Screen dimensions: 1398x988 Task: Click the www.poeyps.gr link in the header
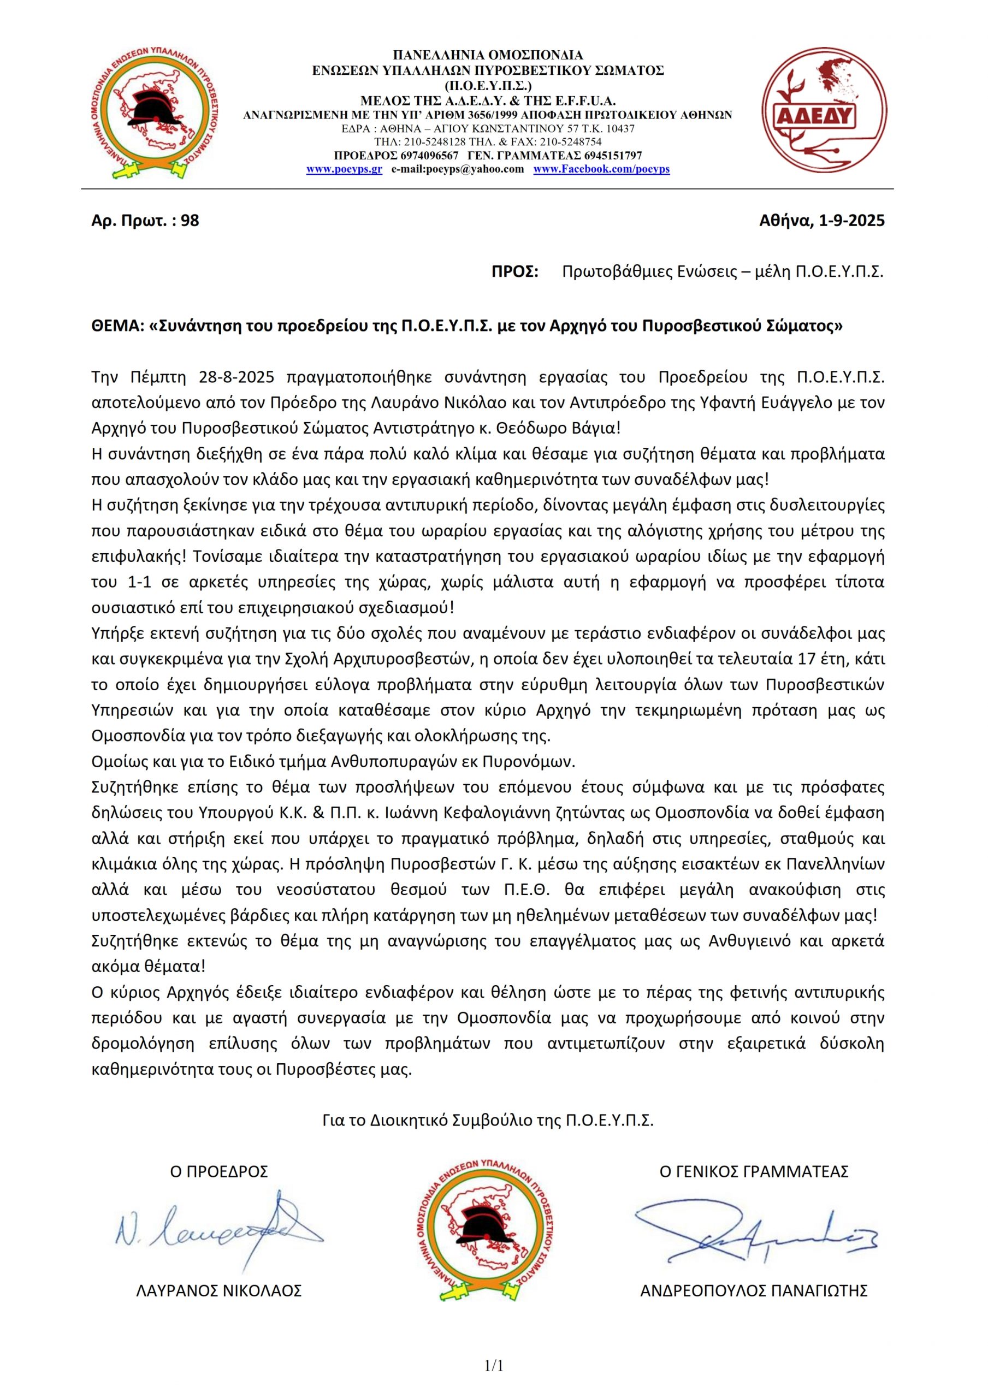(x=344, y=169)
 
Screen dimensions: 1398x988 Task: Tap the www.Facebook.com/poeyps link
(x=601, y=169)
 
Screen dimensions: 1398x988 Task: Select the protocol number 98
(x=190, y=221)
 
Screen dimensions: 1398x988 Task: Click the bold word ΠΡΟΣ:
(x=514, y=271)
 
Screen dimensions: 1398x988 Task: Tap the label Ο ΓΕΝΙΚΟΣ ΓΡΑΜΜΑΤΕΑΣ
(x=754, y=1171)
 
